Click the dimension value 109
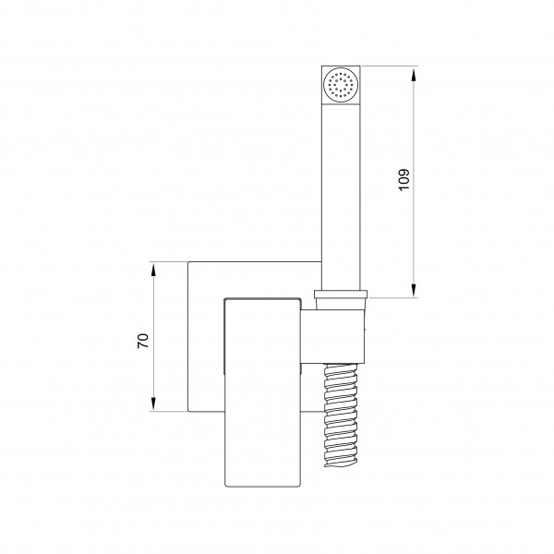click(x=403, y=180)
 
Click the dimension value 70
click(x=143, y=341)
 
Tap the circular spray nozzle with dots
click(x=341, y=85)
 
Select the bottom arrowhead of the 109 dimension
click(x=414, y=291)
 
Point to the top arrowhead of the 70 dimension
click(x=153, y=271)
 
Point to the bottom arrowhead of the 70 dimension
click(x=153, y=403)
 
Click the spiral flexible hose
click(x=341, y=415)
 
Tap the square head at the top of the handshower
click(x=341, y=85)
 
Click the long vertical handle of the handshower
click(x=341, y=198)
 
